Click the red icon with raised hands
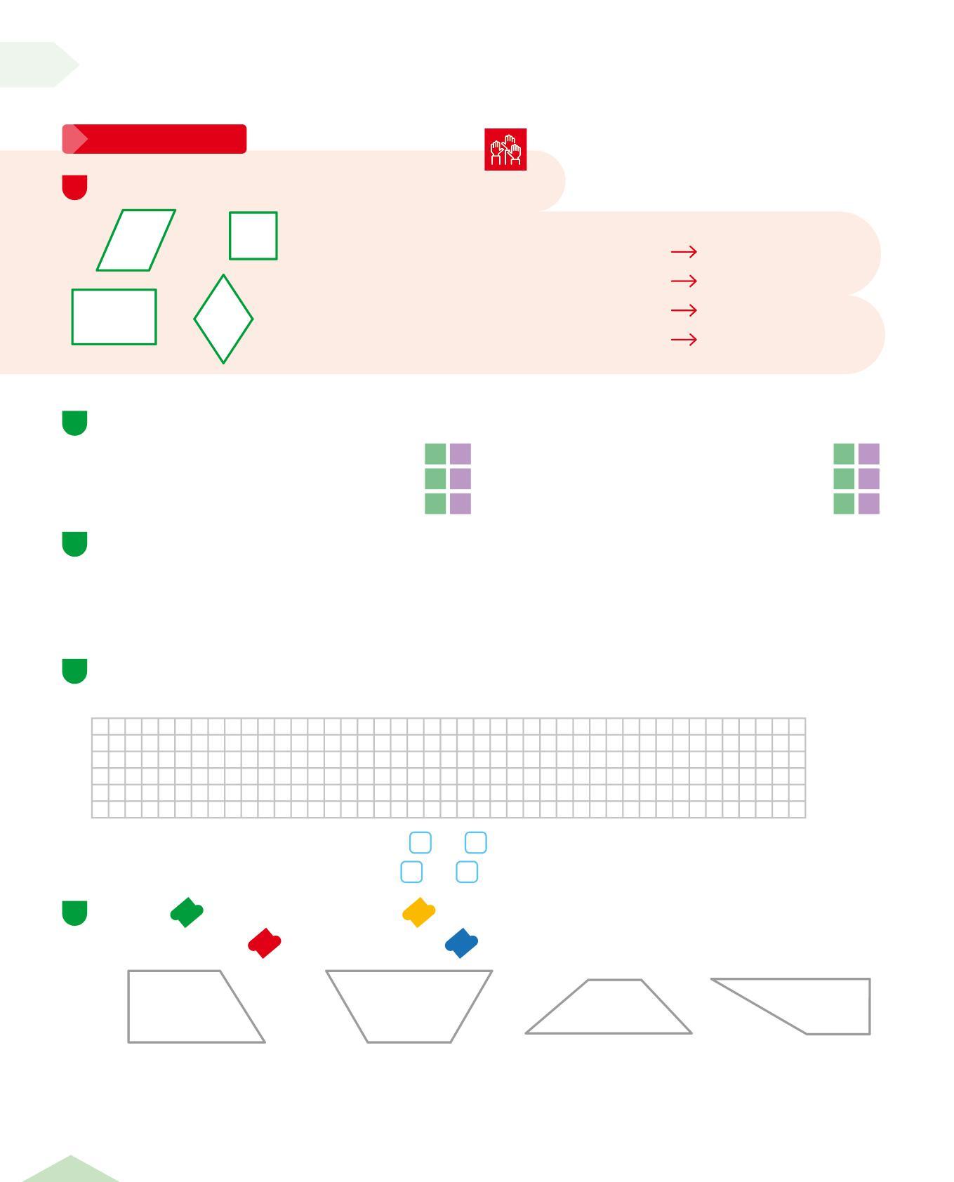(x=505, y=149)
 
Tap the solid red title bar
(x=154, y=139)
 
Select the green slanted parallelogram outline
(x=136, y=239)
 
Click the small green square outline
(x=253, y=236)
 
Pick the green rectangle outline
(x=114, y=317)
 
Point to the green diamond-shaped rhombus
(x=223, y=319)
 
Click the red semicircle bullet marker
(x=75, y=187)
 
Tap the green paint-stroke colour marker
(x=187, y=912)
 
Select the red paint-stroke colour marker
(x=264, y=943)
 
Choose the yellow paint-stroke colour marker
(x=418, y=912)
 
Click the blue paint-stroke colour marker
(x=461, y=943)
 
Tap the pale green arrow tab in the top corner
(x=35, y=65)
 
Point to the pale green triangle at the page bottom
(x=70, y=1171)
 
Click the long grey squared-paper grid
(x=449, y=767)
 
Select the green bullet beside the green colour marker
(x=75, y=912)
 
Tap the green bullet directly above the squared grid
(x=75, y=671)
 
